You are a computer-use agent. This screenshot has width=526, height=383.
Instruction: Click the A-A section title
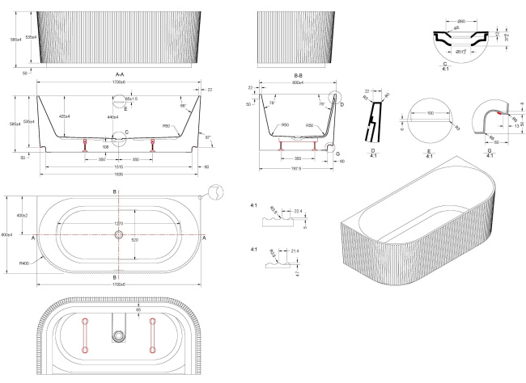point(119,74)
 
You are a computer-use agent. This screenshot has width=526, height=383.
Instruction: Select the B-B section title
point(297,74)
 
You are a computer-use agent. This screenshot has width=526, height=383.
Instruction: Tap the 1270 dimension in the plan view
point(119,222)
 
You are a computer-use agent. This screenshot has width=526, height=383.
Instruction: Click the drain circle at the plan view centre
point(119,235)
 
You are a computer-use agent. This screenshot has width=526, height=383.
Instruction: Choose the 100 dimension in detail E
point(442,113)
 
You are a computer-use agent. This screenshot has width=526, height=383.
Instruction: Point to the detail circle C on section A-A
point(119,136)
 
